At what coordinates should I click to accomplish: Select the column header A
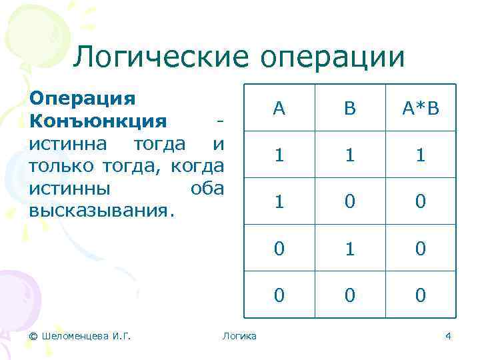[279, 109]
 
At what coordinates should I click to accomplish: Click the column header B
[351, 109]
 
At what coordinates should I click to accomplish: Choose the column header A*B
[420, 109]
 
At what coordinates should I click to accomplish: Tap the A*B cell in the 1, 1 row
[420, 155]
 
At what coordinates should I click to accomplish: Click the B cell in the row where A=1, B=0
[351, 201]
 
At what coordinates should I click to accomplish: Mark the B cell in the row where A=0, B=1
[351, 248]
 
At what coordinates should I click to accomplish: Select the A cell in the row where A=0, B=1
[279, 248]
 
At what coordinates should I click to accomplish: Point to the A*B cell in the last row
[420, 295]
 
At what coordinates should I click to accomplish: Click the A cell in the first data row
[279, 155]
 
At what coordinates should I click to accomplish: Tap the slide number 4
[449, 335]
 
